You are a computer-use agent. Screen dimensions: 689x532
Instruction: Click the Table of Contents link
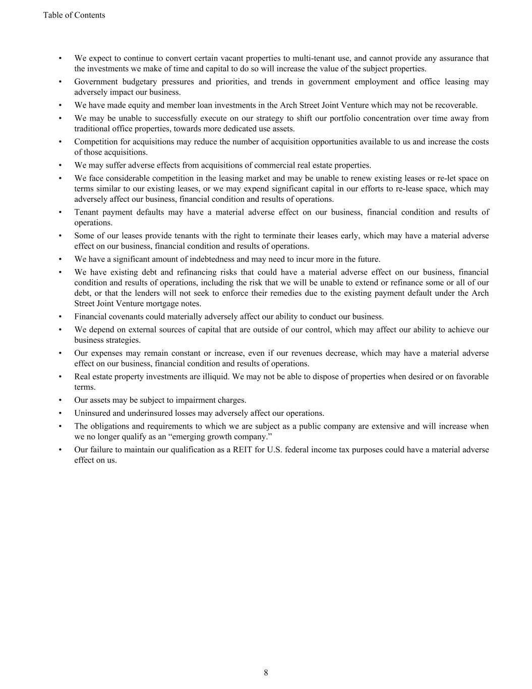click(x=74, y=15)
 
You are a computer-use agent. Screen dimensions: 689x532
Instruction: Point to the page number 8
click(x=266, y=672)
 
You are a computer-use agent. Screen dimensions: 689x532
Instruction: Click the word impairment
click(x=196, y=400)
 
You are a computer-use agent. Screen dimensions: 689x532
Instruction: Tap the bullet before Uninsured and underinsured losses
click(x=61, y=413)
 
